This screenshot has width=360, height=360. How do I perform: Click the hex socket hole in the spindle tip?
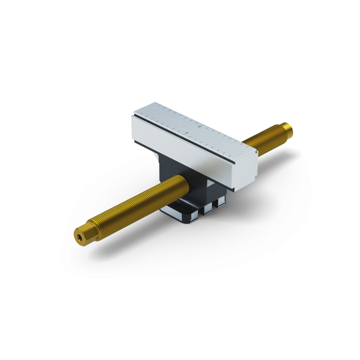pos(79,237)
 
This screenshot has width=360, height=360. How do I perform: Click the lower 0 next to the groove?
pos(187,133)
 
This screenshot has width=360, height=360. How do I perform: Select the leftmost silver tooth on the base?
pos(196,217)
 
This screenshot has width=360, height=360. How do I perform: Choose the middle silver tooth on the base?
pos(207,210)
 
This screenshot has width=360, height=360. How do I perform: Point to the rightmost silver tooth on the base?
pos(221,202)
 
